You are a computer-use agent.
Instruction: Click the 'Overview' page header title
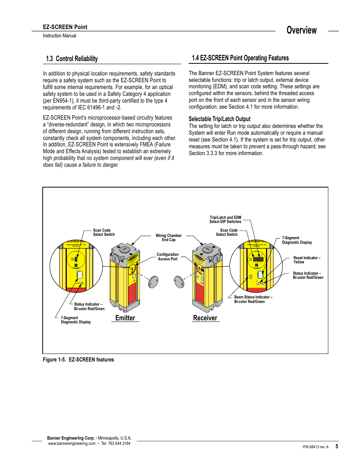tap(302, 31)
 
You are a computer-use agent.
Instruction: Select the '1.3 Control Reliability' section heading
tap(72, 59)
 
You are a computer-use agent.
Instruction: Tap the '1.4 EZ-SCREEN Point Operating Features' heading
tap(240, 58)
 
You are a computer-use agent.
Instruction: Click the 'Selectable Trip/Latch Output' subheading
tap(219, 119)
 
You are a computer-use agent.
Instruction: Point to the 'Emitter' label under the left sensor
tap(125, 318)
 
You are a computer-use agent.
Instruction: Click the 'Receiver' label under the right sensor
tap(205, 318)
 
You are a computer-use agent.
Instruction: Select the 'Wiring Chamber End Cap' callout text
tap(169, 238)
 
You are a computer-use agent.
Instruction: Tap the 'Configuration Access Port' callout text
tap(168, 257)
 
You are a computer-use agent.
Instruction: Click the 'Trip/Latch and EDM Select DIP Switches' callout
tap(225, 220)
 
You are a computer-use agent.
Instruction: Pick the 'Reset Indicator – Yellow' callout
tap(307, 260)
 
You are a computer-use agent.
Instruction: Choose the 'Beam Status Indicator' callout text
tap(253, 299)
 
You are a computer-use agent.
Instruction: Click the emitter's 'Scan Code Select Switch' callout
tap(104, 232)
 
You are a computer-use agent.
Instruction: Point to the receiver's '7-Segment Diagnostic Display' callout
tap(297, 240)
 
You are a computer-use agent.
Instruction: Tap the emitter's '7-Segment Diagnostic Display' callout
tap(75, 320)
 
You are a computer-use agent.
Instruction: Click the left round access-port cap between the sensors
tap(153, 282)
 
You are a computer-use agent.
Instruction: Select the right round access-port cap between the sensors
tap(179, 282)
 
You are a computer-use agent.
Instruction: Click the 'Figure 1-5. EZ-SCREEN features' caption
tap(78, 360)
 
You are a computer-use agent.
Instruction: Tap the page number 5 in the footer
tap(337, 446)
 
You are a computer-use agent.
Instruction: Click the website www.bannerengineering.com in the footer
tap(72, 444)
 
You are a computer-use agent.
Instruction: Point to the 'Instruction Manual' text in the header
tap(59, 36)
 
